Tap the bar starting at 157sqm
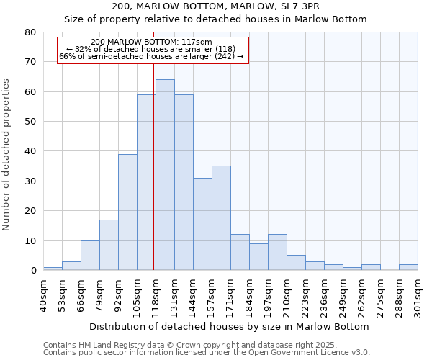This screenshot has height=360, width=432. [221, 218]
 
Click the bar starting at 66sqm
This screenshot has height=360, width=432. [90, 256]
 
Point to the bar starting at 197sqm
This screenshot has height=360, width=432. [277, 253]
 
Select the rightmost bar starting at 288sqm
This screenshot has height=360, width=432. [408, 267]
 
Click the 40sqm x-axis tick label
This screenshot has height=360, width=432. [43, 295]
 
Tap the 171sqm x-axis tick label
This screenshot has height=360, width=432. [230, 295]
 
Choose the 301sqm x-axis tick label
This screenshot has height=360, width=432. [418, 295]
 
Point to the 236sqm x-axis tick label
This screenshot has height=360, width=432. [324, 295]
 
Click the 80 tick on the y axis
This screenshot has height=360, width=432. [30, 32]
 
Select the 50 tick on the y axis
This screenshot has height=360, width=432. [30, 122]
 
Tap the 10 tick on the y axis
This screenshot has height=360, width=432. [30, 240]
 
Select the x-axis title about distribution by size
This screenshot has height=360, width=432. [230, 326]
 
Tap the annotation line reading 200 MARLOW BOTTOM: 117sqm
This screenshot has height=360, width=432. [152, 42]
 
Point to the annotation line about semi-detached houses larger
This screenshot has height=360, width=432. [152, 56]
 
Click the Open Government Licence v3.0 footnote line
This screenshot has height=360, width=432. [207, 352]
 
